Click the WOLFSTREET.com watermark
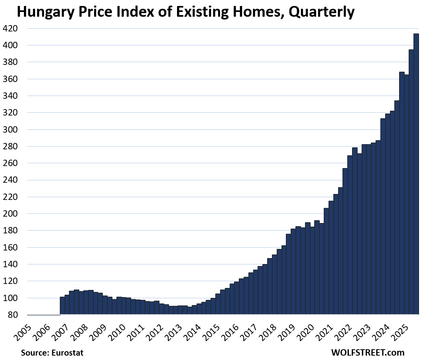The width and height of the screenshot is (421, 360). coord(367,352)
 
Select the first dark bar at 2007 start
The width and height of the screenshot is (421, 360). coord(62,305)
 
